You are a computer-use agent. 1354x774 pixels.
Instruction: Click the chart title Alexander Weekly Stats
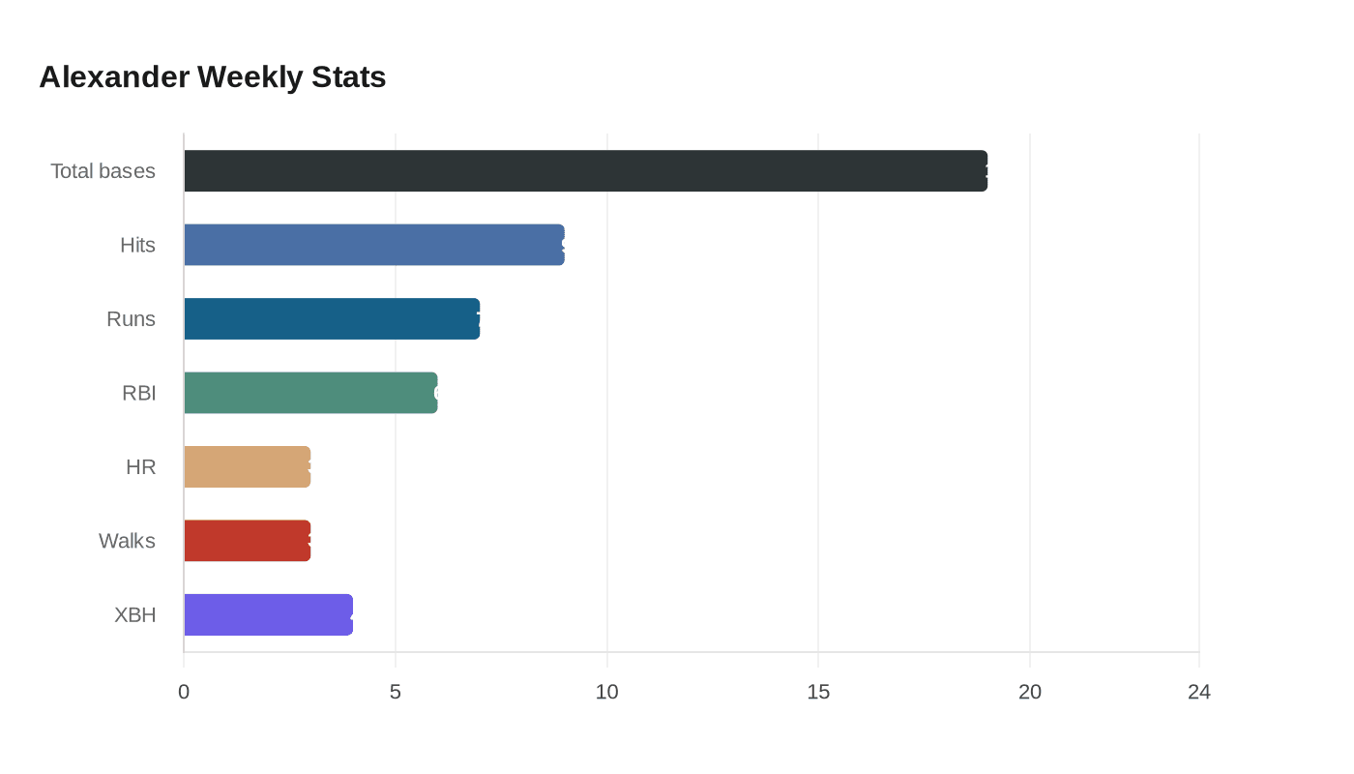click(212, 76)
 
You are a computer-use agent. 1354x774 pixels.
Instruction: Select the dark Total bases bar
click(585, 170)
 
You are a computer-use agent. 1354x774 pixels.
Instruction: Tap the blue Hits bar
click(373, 245)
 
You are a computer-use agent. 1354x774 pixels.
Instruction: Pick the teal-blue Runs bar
click(332, 318)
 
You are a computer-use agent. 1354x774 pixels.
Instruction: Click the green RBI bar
click(310, 393)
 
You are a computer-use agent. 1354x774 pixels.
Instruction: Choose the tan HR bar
click(247, 466)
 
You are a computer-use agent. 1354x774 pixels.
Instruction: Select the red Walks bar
click(247, 541)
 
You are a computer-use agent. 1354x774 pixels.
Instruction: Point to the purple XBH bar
click(268, 614)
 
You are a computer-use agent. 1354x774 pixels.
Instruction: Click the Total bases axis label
click(103, 171)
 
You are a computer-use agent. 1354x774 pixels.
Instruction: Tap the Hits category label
click(137, 245)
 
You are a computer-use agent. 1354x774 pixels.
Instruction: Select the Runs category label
click(131, 319)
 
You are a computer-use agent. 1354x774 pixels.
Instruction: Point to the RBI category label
click(138, 393)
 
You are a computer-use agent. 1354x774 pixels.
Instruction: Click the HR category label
click(140, 467)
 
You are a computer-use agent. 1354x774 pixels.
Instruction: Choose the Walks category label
click(127, 541)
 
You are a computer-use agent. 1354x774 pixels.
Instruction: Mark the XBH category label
click(134, 615)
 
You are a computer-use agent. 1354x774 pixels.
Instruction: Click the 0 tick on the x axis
click(184, 692)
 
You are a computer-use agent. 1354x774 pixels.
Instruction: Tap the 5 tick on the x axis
click(396, 692)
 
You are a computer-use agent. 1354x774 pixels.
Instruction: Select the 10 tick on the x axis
click(606, 692)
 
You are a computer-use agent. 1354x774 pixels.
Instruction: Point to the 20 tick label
click(1030, 692)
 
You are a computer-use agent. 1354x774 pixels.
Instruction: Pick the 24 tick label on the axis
click(1199, 692)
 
